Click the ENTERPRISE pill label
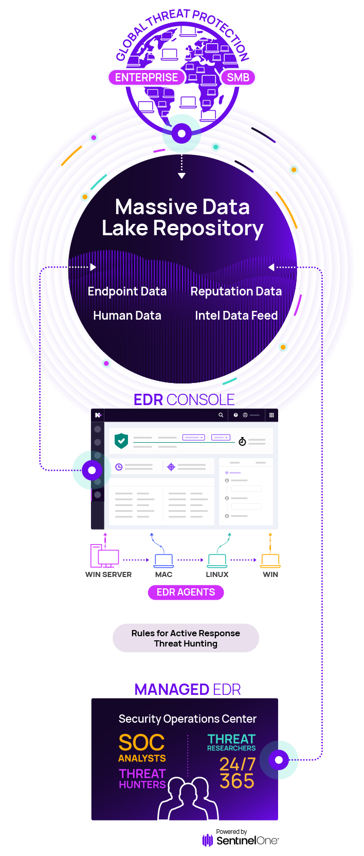[146, 78]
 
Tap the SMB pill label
[238, 78]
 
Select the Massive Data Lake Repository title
[183, 217]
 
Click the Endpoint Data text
[127, 291]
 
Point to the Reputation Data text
[236, 291]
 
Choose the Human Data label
[127, 316]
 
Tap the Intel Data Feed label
[236, 316]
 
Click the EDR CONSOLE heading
[184, 399]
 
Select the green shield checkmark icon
[121, 441]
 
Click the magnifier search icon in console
[221, 415]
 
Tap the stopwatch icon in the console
[242, 441]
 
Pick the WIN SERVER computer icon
[105, 556]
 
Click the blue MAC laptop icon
[164, 560]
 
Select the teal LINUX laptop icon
[217, 560]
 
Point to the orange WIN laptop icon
[270, 560]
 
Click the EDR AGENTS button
[186, 592]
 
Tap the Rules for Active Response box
[186, 638]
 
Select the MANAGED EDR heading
[188, 689]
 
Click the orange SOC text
[141, 743]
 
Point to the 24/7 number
[238, 764]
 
